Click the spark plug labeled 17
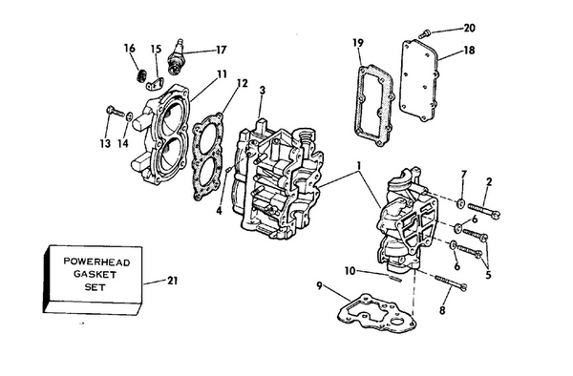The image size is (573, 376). (x=176, y=56)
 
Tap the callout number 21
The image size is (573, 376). (x=170, y=282)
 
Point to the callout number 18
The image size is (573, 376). (x=469, y=50)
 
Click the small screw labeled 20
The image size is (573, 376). (x=427, y=33)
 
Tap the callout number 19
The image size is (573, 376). (x=358, y=42)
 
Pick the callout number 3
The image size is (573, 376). (x=262, y=90)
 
